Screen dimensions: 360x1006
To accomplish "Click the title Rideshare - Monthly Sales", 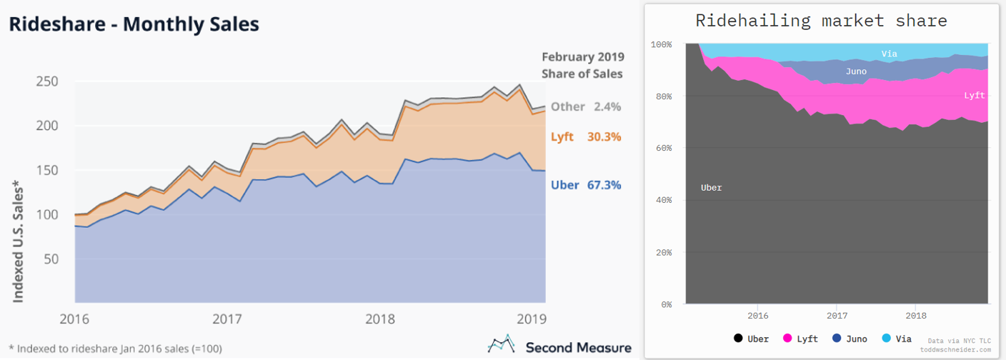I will tap(134, 24).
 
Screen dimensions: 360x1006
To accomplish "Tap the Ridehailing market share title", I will tap(821, 21).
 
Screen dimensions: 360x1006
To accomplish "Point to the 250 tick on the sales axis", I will tap(47, 81).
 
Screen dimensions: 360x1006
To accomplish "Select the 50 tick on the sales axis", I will tap(51, 259).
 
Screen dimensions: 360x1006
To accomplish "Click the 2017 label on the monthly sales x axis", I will tap(227, 318).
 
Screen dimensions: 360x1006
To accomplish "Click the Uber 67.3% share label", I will tap(586, 185).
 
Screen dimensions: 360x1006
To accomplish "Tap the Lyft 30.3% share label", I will tap(586, 136).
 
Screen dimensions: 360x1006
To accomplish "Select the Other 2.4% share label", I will tap(586, 106).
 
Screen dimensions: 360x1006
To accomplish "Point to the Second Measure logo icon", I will tap(502, 345).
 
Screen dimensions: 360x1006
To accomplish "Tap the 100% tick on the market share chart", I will tap(661, 44).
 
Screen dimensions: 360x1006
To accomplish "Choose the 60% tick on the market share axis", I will tap(663, 148).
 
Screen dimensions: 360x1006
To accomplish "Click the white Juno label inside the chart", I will tap(856, 71).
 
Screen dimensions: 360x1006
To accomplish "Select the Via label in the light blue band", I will tap(889, 54).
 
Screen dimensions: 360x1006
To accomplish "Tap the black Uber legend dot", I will tap(738, 339).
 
